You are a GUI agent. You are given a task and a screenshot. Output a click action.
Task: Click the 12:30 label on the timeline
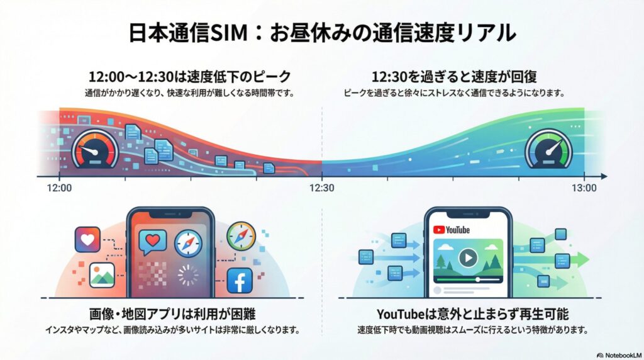321,188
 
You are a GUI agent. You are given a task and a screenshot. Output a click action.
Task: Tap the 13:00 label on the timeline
584,188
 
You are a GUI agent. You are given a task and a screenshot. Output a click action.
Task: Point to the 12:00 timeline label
59,188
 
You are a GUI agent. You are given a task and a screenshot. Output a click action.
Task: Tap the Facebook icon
240,281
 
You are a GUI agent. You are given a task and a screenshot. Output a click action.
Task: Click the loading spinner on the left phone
187,276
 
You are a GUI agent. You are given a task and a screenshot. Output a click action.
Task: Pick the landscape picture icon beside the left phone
101,275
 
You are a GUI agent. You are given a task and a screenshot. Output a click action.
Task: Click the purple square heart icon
87,240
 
